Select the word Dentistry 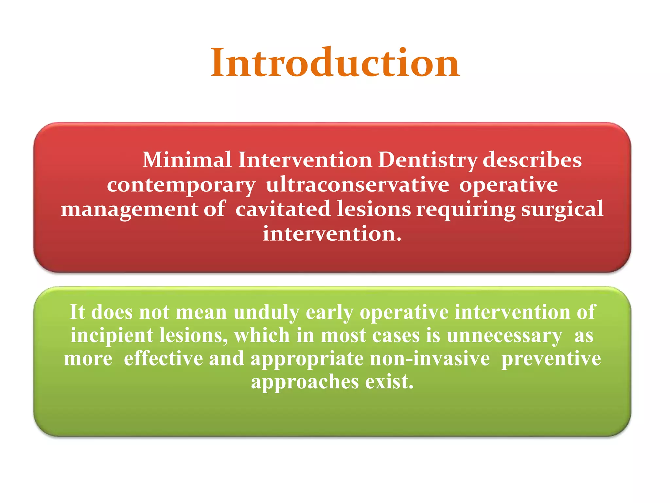pyautogui.click(x=428, y=160)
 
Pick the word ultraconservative pyautogui.click(x=358, y=184)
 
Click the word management pyautogui.click(x=129, y=210)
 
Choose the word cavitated pyautogui.click(x=283, y=209)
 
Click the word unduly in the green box pyautogui.click(x=266, y=312)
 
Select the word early pyautogui.click(x=329, y=312)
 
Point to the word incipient pyautogui.click(x=112, y=336)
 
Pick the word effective pyautogui.click(x=163, y=358)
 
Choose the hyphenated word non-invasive pyautogui.click(x=430, y=358)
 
